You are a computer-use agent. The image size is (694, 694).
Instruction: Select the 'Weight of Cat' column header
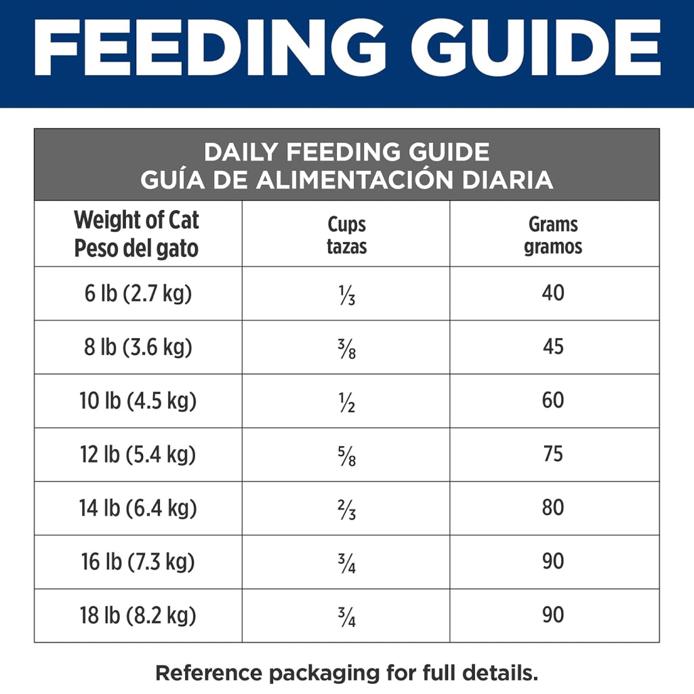(136, 234)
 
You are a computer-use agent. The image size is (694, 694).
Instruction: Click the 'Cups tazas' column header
(346, 235)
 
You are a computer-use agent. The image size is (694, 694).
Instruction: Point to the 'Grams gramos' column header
(553, 235)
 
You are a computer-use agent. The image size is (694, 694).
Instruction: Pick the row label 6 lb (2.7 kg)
(138, 293)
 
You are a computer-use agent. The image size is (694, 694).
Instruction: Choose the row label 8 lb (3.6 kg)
(138, 347)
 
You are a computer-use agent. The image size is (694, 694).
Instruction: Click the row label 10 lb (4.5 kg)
(138, 401)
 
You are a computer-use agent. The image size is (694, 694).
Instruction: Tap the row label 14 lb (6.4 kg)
(138, 508)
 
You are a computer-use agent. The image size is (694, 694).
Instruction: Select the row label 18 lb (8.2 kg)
(138, 615)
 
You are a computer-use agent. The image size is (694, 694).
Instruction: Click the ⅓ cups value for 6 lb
(347, 295)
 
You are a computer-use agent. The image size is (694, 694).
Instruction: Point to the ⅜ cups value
(347, 349)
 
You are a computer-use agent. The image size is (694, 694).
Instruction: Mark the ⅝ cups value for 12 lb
(347, 456)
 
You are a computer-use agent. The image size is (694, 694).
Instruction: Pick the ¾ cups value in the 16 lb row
(347, 564)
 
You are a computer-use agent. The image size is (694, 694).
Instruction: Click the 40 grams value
(553, 293)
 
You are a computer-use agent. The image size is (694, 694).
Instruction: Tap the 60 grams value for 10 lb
(553, 400)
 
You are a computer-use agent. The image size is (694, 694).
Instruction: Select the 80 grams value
(553, 508)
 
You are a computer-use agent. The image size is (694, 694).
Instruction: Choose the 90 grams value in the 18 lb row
(553, 615)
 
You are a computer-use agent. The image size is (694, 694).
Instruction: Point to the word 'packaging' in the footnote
(324, 674)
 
